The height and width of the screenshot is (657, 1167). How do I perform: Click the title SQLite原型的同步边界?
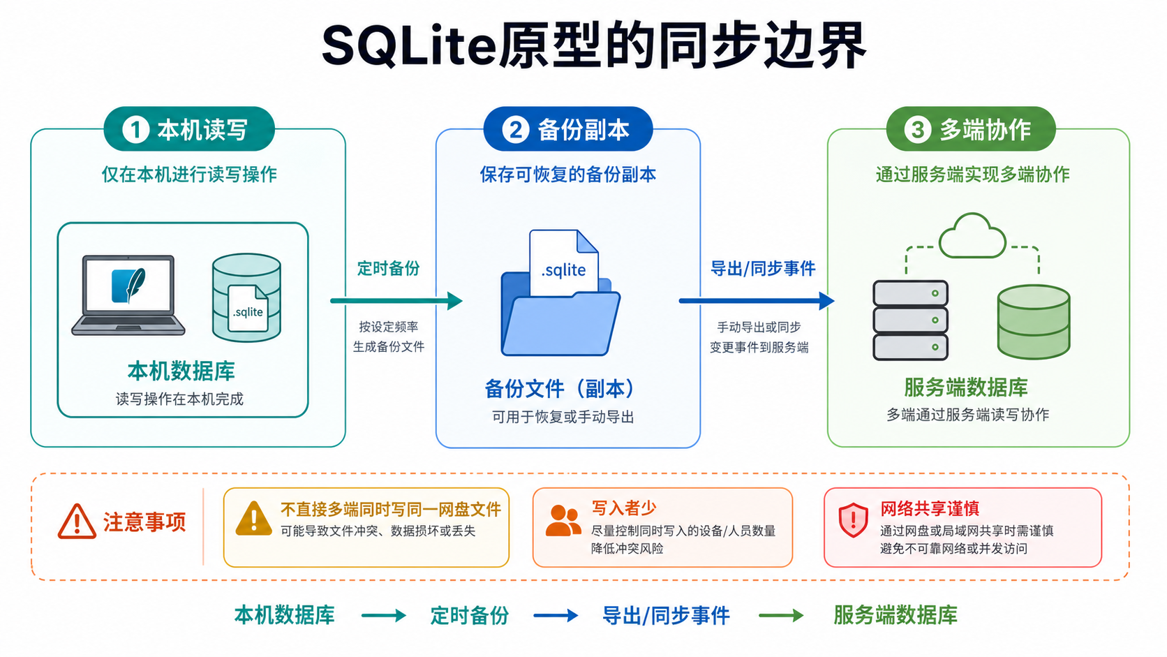click(594, 46)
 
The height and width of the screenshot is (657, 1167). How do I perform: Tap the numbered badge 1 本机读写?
click(189, 129)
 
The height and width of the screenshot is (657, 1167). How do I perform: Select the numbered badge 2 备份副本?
click(568, 129)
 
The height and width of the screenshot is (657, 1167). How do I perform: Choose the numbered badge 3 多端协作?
click(971, 129)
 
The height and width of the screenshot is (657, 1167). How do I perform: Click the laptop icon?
click(128, 295)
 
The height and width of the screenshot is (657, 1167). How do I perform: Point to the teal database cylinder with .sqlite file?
click(247, 297)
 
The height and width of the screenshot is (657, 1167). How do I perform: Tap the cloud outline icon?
click(972, 235)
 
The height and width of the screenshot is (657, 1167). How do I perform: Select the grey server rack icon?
click(910, 320)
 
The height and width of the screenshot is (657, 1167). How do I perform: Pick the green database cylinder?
click(1034, 322)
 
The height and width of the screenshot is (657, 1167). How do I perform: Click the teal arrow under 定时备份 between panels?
click(396, 301)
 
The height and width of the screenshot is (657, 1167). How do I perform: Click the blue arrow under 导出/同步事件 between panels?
click(757, 301)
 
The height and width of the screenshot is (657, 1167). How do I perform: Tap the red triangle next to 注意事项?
click(77, 521)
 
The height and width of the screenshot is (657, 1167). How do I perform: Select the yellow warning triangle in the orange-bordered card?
click(254, 519)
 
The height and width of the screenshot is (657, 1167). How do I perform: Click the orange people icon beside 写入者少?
click(563, 520)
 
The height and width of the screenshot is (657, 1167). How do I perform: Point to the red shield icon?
click(854, 520)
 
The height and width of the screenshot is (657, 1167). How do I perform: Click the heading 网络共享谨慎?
click(930, 508)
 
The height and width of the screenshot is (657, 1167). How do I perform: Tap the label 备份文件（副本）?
click(562, 389)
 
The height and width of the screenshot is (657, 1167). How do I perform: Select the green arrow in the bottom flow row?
click(781, 615)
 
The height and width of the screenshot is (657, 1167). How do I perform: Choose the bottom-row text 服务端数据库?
click(895, 615)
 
